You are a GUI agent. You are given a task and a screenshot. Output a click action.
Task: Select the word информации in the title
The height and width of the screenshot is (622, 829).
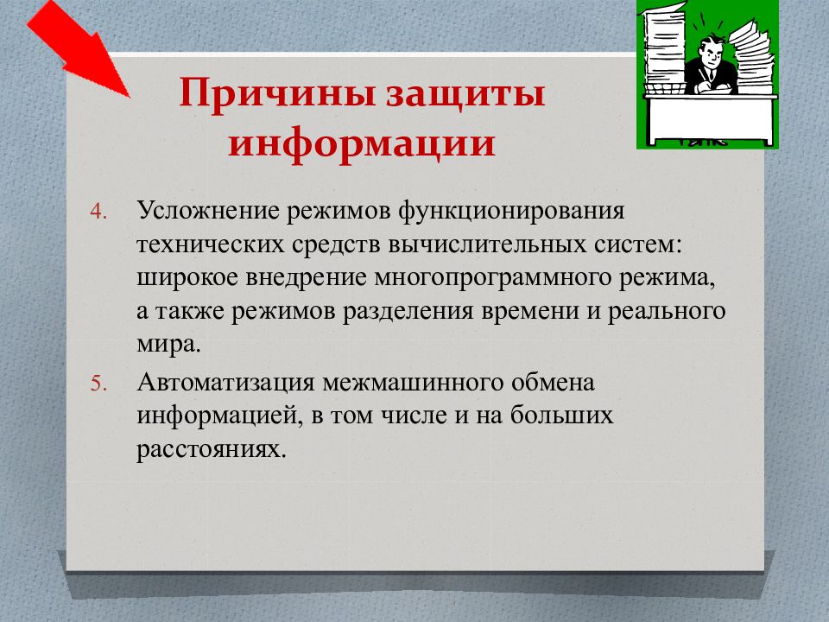coord(362,143)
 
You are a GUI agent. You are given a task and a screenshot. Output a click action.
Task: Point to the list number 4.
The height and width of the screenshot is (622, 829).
coord(98,212)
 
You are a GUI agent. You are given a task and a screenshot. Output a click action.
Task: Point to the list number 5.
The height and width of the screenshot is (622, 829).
coord(98,384)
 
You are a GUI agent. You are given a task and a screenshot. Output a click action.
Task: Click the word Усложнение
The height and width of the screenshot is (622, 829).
coord(208,211)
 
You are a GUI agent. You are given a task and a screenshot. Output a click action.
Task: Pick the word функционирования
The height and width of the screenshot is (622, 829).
coord(511,211)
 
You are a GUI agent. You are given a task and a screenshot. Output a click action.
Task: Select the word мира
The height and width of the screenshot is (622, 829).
coord(168,346)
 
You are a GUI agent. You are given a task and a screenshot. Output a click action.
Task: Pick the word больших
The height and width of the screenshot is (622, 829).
coord(561,416)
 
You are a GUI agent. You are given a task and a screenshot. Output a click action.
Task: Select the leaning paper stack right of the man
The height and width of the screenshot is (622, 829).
coord(750,57)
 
